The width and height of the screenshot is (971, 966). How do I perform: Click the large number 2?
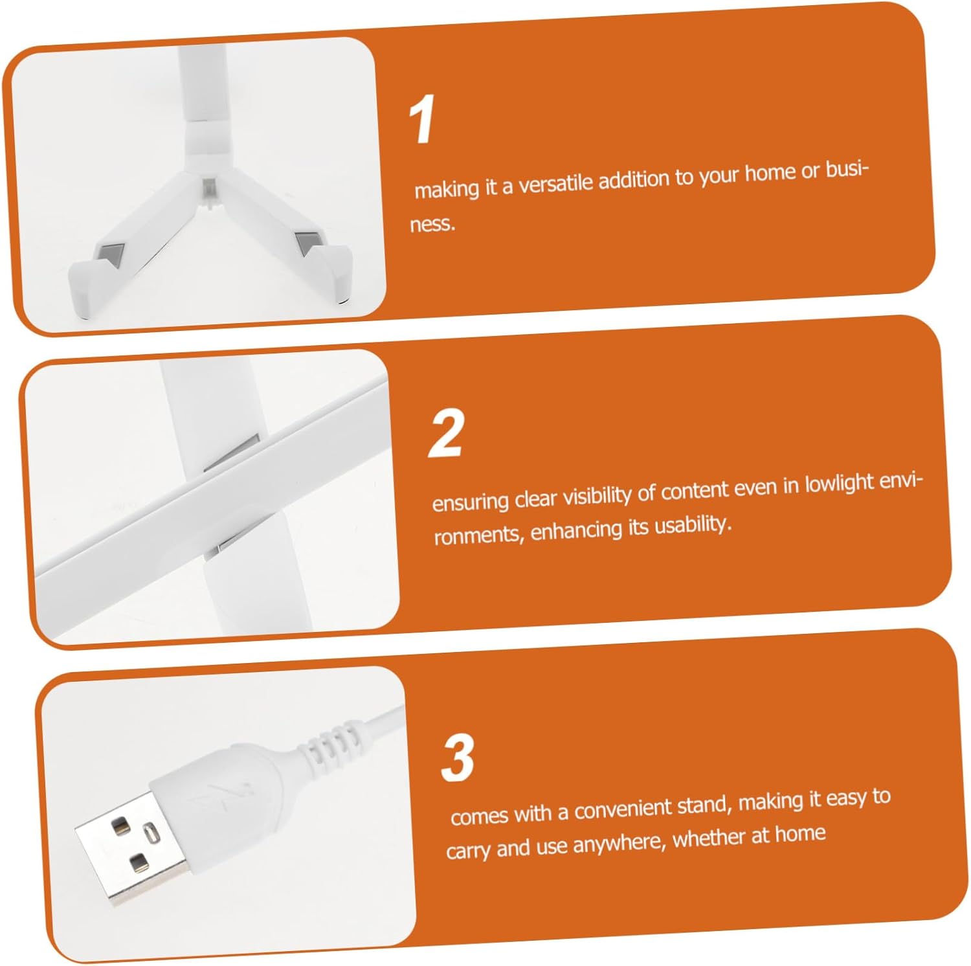pyautogui.click(x=447, y=432)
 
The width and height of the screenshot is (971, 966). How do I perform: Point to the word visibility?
pyautogui.click(x=596, y=495)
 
